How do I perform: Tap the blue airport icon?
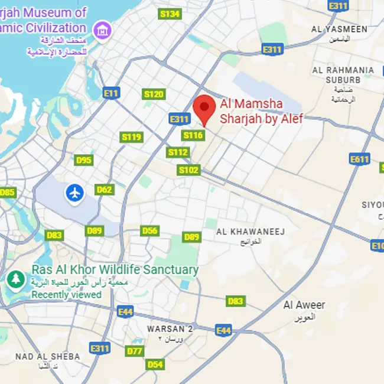pyautogui.click(x=75, y=192)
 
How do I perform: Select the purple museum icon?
pyautogui.click(x=103, y=29)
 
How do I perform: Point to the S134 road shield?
pyautogui.click(x=170, y=14)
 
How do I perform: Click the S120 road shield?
pyautogui.click(x=154, y=95)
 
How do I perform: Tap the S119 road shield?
pyautogui.click(x=131, y=137)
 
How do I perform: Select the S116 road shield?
pyautogui.click(x=193, y=135)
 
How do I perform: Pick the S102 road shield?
pyautogui.click(x=177, y=152)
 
